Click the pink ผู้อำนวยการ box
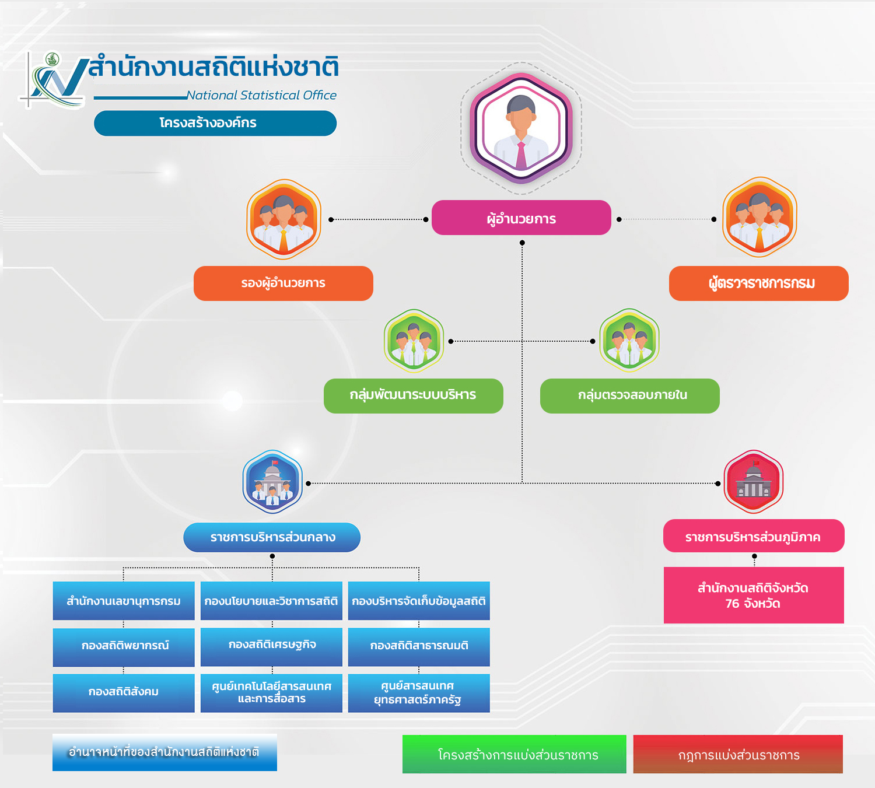521,218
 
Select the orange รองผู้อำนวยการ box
283,283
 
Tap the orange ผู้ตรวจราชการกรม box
758,283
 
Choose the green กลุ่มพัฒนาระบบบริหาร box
413,395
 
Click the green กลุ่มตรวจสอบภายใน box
630,395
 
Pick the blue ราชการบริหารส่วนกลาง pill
272,537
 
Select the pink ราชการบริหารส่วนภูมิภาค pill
754,536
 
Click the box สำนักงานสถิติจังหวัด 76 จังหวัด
754,595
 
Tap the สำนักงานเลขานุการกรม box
124,601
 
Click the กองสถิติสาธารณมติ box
419,647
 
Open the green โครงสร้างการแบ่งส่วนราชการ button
514,754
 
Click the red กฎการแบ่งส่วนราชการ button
738,754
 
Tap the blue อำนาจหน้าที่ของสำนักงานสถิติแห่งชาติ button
164,752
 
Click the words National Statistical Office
261,95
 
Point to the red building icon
753,481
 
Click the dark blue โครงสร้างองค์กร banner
215,123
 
